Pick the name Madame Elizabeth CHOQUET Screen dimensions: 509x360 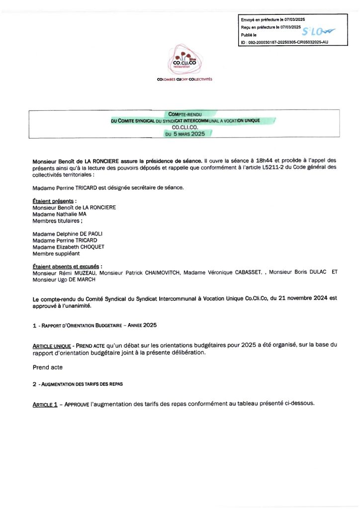tap(69, 247)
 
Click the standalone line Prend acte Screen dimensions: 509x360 tap(48, 367)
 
